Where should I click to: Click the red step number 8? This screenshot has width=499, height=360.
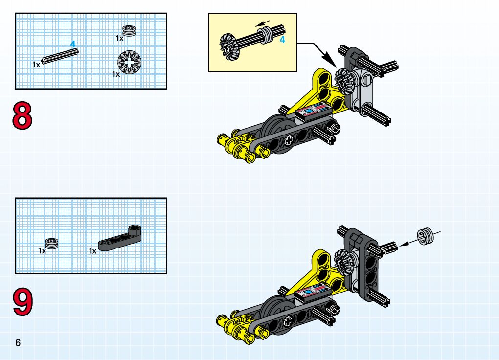(x=23, y=115)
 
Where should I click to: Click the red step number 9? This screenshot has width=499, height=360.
(x=23, y=302)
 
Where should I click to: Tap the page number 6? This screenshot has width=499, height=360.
(x=18, y=343)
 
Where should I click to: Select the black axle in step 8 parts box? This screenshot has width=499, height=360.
(x=60, y=56)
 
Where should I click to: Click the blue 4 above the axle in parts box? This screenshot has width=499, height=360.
(x=73, y=44)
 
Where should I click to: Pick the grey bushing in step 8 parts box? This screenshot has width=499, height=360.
(x=129, y=30)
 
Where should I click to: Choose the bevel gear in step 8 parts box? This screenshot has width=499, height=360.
(x=130, y=63)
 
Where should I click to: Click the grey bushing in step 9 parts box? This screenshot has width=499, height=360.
(x=52, y=244)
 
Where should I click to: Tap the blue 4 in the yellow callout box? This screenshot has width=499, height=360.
(x=282, y=40)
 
